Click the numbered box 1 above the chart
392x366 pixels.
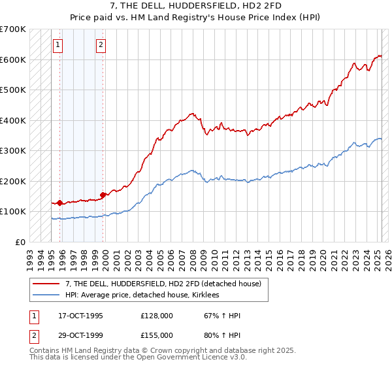click(x=58, y=45)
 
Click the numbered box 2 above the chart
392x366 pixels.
click(x=101, y=45)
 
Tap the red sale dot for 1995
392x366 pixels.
click(x=59, y=203)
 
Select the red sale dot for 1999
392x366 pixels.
click(x=103, y=195)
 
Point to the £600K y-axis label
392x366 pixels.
click(x=13, y=59)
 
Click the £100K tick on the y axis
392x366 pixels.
click(x=13, y=211)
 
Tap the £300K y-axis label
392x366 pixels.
click(x=13, y=150)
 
